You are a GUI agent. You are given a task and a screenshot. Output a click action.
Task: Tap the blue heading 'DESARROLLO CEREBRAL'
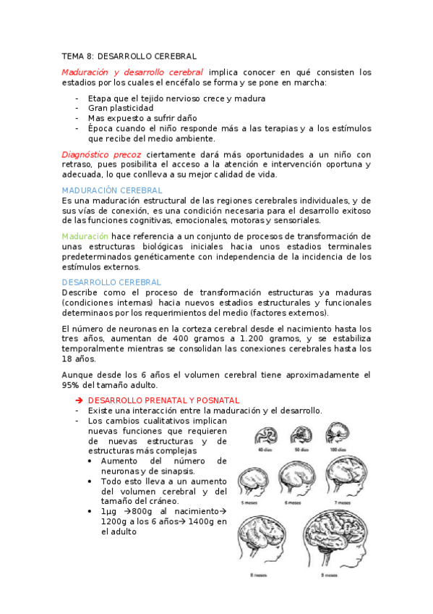click(111, 282)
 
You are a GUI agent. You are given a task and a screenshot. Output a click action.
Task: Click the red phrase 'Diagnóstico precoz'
click(101, 154)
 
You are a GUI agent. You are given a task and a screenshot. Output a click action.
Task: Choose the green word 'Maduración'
click(85, 236)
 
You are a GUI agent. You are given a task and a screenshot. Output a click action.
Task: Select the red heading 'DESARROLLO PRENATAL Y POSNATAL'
click(163, 400)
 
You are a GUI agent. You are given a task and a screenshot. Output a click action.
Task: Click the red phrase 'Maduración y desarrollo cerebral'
click(132, 72)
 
